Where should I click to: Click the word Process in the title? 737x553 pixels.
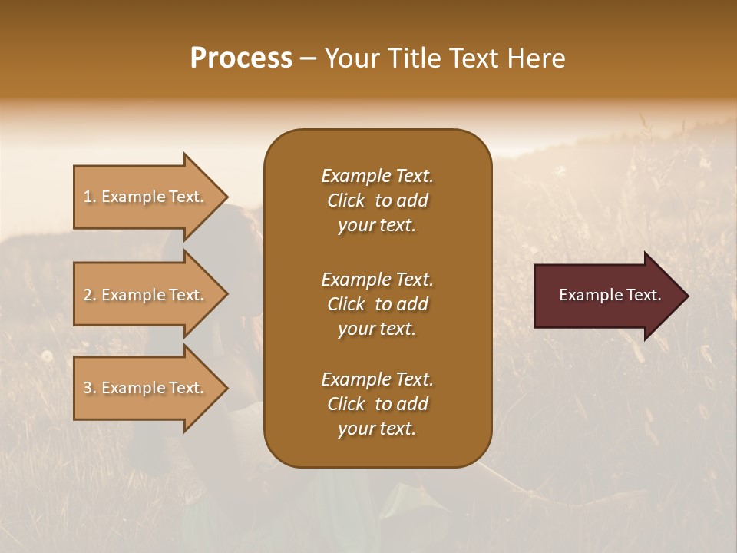pyautogui.click(x=241, y=58)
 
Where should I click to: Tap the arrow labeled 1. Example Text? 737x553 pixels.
pyautogui.click(x=146, y=197)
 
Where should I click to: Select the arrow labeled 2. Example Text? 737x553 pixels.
pyautogui.click(x=146, y=295)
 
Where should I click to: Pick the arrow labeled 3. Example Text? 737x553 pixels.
pyautogui.click(x=146, y=388)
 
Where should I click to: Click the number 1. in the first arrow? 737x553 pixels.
pyautogui.click(x=90, y=197)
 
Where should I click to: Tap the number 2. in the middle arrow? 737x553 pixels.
pyautogui.click(x=90, y=295)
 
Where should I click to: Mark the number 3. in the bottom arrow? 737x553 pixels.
pyautogui.click(x=90, y=388)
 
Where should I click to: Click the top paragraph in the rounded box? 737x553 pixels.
pyautogui.click(x=377, y=200)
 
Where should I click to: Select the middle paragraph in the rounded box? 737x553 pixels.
pyautogui.click(x=377, y=304)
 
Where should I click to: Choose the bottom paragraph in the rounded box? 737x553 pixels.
pyautogui.click(x=377, y=404)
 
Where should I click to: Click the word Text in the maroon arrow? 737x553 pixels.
pyautogui.click(x=644, y=295)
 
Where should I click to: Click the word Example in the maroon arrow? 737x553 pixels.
pyautogui.click(x=590, y=295)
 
